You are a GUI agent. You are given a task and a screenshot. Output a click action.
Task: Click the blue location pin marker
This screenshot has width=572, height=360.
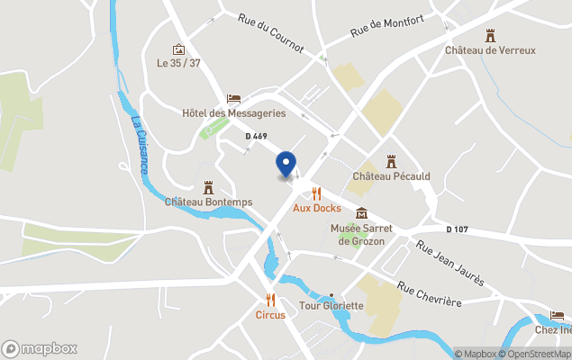[286, 164]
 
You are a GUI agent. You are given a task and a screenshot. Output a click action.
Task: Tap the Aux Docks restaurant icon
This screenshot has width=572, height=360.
[316, 193]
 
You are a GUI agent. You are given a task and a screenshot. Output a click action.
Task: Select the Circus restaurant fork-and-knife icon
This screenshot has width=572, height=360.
[270, 301]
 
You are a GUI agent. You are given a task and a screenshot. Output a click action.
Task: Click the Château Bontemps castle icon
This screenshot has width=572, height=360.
[208, 187]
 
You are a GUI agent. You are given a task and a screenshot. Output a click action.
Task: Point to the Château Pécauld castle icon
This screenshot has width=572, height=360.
[391, 161]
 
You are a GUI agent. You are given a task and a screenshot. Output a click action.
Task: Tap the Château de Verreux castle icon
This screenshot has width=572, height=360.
[490, 35]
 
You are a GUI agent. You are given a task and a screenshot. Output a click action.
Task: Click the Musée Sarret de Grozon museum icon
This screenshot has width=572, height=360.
[361, 213]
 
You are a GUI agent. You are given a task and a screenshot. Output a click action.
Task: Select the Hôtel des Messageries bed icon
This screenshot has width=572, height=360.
[233, 99]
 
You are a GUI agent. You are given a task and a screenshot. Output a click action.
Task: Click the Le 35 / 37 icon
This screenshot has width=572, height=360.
[178, 49]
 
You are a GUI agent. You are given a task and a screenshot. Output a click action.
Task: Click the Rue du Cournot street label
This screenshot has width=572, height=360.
[271, 32]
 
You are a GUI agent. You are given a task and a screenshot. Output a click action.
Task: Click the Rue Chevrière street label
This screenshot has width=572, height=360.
[430, 294]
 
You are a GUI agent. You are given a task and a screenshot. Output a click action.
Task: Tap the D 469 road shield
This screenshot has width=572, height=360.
[256, 136]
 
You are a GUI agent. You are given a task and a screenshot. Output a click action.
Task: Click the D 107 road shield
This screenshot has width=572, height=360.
[458, 229]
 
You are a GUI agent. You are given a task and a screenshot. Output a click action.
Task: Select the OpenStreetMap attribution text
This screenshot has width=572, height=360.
[537, 354]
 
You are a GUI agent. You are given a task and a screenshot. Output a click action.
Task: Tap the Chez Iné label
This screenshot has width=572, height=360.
[553, 329]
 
